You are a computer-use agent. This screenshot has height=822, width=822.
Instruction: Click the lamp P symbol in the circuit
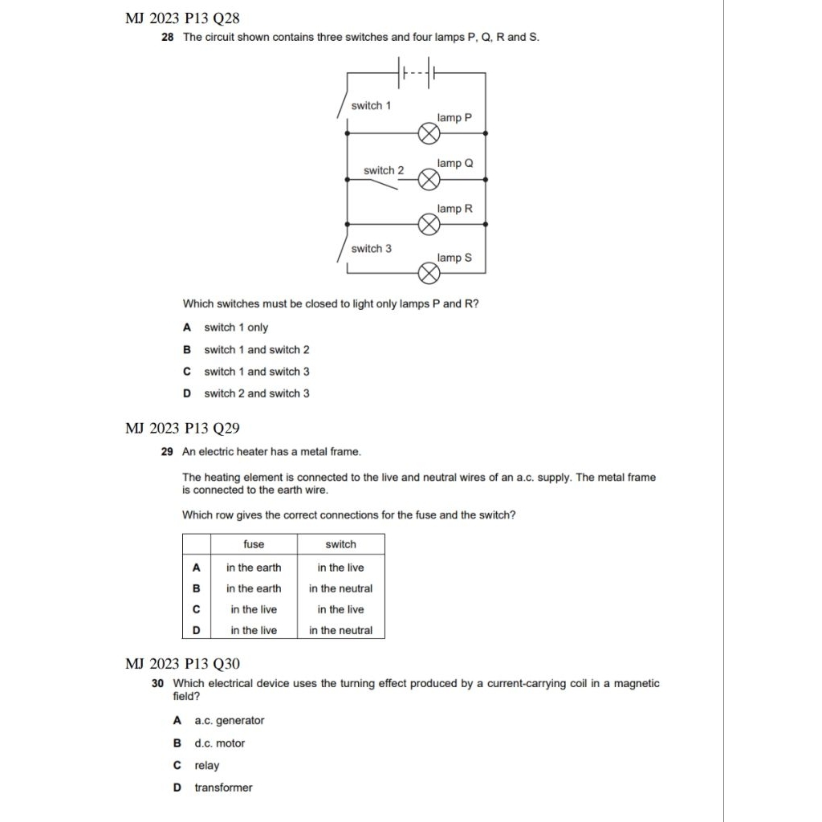coord(429,133)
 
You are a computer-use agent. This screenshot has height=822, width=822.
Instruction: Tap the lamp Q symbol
coord(429,180)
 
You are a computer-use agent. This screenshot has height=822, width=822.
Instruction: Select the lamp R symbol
coord(429,225)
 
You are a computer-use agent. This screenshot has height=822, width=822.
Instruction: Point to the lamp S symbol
coord(429,275)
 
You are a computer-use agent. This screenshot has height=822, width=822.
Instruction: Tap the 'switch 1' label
coord(372,106)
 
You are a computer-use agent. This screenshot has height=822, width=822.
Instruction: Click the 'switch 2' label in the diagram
coord(384,170)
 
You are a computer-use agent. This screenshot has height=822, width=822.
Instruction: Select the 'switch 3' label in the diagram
coord(372,249)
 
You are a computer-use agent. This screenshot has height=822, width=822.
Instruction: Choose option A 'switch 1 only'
coord(236,328)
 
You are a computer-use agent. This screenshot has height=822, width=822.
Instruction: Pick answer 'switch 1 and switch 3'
coord(256,372)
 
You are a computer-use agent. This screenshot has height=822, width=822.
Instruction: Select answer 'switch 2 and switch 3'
coord(256,393)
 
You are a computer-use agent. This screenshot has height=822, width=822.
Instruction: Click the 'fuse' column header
coord(254,544)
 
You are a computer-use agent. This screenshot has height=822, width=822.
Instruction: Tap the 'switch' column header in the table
coord(340,544)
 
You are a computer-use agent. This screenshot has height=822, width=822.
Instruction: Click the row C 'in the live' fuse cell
coord(254,609)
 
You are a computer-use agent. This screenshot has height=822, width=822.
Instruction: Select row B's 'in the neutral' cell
coord(340,588)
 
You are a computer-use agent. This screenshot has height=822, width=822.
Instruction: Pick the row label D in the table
coord(196,630)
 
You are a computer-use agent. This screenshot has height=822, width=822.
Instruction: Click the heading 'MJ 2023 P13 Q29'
coord(182,429)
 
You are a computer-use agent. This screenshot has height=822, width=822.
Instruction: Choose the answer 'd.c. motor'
coord(219,743)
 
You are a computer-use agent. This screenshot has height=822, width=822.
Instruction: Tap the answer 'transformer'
coord(223,787)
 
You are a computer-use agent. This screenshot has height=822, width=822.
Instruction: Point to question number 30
coord(157,684)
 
